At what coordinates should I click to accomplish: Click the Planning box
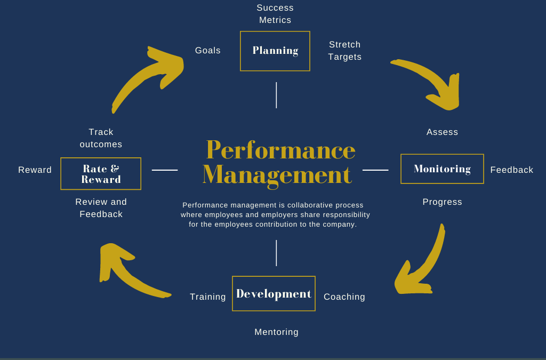pos(275,51)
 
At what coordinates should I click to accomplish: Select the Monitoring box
pos(442,169)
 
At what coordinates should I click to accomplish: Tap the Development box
pos(274,293)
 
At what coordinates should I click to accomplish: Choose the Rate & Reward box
pos(101,174)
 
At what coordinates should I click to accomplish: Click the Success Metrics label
pos(275,14)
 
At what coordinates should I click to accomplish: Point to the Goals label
pos(207,51)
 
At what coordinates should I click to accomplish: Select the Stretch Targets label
pos(344,51)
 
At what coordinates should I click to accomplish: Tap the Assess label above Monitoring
pos(442,132)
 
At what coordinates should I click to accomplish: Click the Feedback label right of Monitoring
pos(511,170)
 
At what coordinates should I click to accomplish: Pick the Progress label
pos(442,202)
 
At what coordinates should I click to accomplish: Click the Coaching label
pos(344,297)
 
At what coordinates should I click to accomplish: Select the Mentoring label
pos(276,332)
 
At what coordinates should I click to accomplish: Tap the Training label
pos(207,297)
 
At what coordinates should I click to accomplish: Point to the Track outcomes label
pos(101,138)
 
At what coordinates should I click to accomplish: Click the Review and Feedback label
pos(101,208)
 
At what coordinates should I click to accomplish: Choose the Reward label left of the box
pos(35,170)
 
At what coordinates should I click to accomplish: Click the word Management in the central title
pos(277,175)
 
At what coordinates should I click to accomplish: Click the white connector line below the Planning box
pos(276,95)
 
